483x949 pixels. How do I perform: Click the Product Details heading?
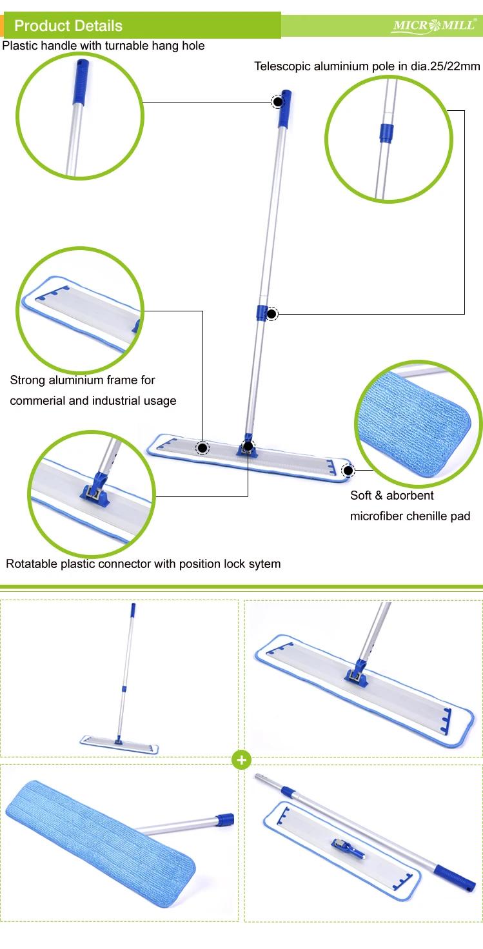coord(68,26)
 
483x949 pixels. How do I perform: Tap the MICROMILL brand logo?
coord(434,26)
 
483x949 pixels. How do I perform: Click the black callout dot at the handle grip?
coord(277,101)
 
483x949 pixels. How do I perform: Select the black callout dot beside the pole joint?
coord(271,314)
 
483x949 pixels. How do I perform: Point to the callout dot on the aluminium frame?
coord(202,447)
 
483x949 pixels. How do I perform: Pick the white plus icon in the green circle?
coord(241,761)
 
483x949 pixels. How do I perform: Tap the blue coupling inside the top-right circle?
coord(385,132)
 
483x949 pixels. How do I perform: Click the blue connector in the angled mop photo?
coord(355,674)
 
